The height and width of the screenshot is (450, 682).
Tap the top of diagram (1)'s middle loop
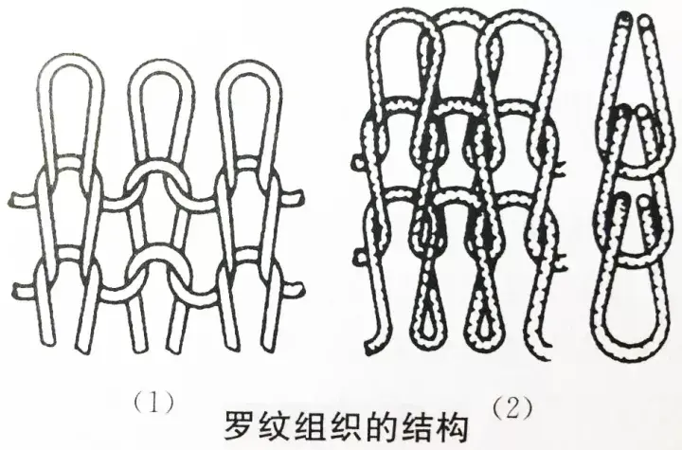point(158,68)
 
